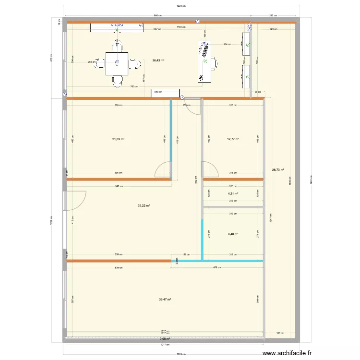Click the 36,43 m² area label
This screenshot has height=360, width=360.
(x=158, y=60)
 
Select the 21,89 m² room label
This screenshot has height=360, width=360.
(x=119, y=139)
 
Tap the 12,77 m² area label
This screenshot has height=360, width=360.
(x=233, y=139)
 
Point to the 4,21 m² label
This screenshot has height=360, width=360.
(x=233, y=193)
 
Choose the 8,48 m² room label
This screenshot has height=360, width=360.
(x=233, y=235)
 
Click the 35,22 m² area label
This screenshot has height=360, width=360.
(x=144, y=205)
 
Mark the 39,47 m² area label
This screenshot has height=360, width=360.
(x=165, y=300)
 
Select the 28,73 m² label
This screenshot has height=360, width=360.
(x=278, y=169)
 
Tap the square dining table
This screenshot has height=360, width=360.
(x=117, y=63)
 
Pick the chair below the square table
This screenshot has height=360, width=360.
(x=117, y=81)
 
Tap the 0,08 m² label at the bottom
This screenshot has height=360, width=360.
(x=165, y=338)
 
